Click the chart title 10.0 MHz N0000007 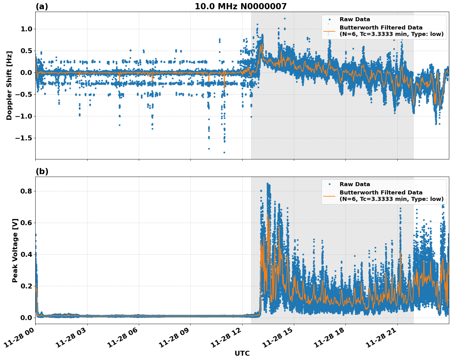(x=240, y=6)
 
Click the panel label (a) (x=42, y=6)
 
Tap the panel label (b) (x=42, y=171)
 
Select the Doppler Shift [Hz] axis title (x=9, y=85)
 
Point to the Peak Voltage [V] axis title (x=15, y=250)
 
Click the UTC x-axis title (x=242, y=353)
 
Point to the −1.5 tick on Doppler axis (x=23, y=138)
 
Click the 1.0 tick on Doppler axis (x=26, y=29)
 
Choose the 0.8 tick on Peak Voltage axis (x=26, y=191)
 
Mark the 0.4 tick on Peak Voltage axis (x=26, y=254)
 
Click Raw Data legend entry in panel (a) (x=355, y=19)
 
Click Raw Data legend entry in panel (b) (x=355, y=184)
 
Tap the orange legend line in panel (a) (x=329, y=31)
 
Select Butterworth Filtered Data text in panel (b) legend (x=381, y=193)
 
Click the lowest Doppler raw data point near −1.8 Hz (x=224, y=152)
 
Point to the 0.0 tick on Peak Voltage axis (x=26, y=318)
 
